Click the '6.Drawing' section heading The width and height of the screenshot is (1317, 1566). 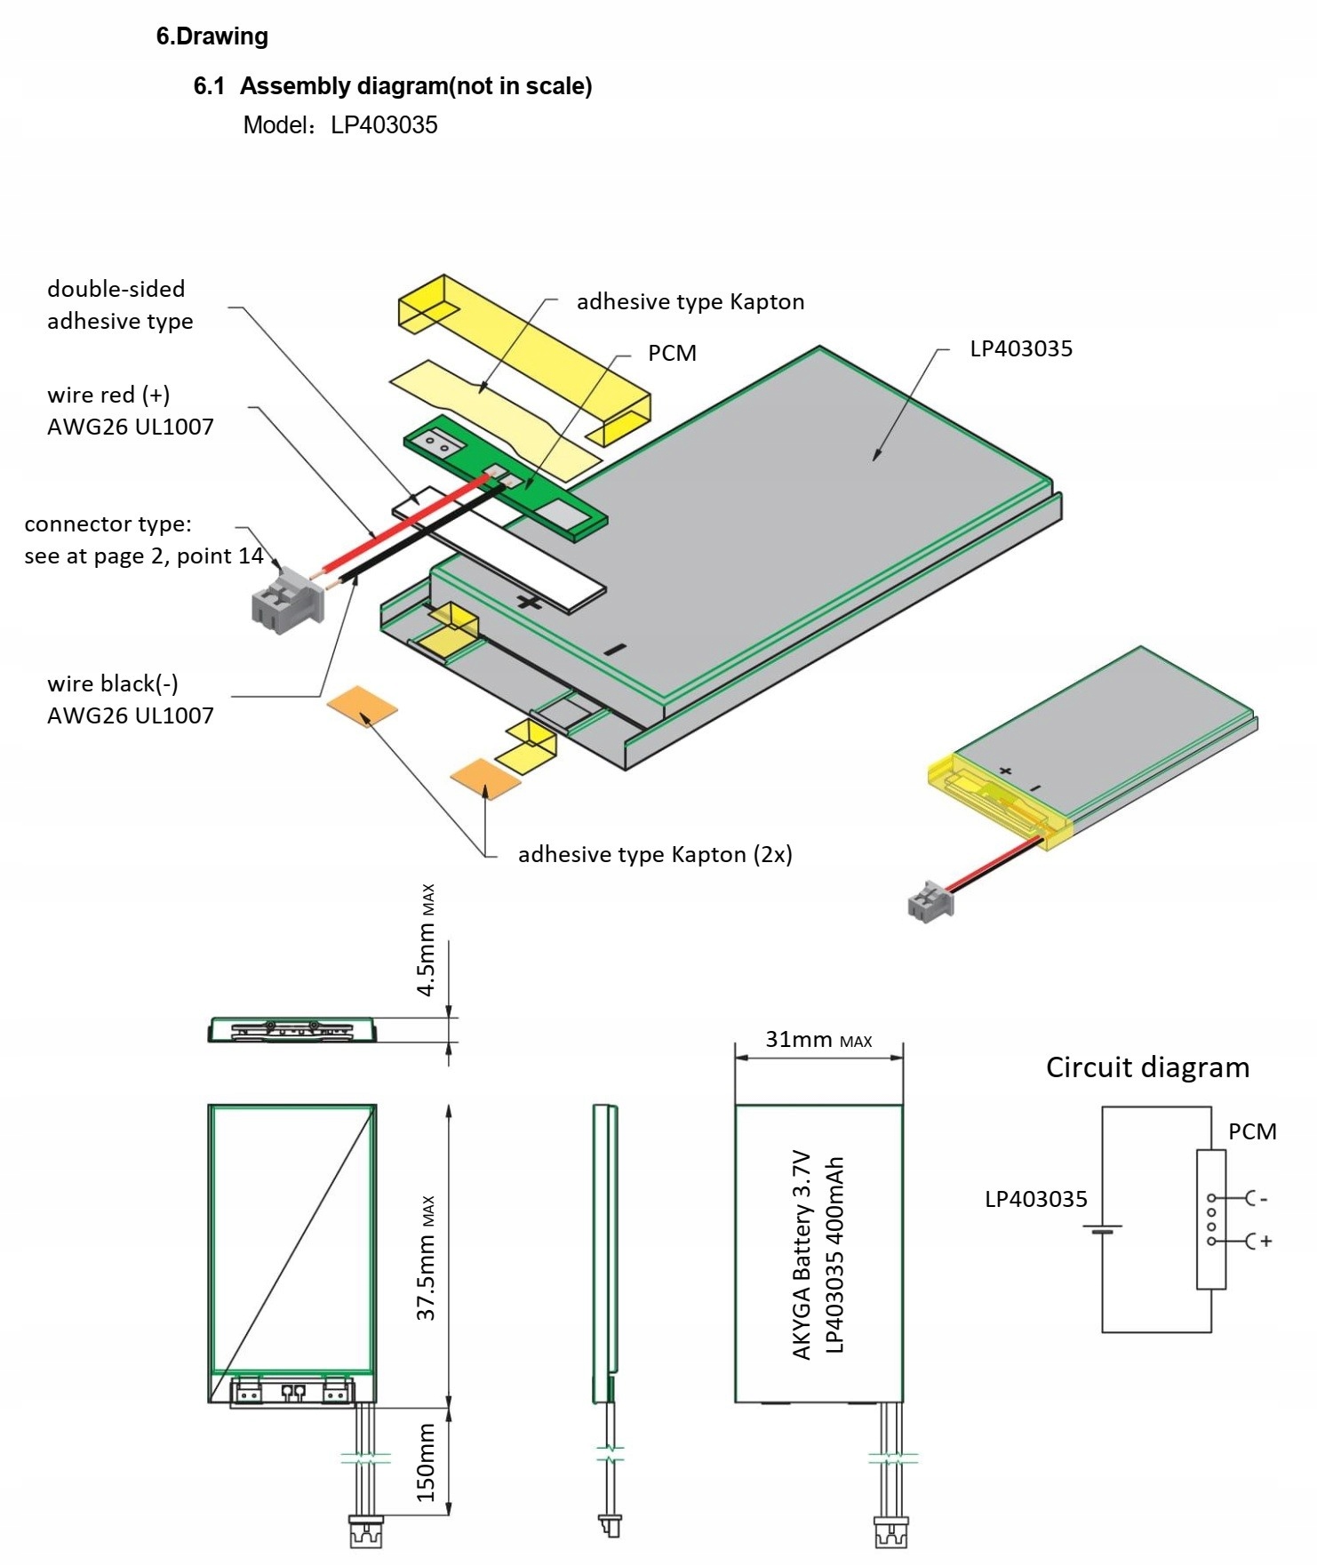[212, 36]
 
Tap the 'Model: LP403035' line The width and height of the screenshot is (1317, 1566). [340, 124]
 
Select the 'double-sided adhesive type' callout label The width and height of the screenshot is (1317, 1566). [119, 305]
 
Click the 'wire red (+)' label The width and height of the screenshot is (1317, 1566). [108, 395]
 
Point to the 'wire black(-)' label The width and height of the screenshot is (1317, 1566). [113, 683]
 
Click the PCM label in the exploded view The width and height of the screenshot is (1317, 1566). [672, 353]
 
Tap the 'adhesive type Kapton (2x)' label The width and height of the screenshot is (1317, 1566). [655, 854]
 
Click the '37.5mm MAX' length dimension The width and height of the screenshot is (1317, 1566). [427, 1257]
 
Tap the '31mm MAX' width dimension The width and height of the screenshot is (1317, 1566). [818, 1039]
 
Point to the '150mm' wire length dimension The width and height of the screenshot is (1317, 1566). [427, 1461]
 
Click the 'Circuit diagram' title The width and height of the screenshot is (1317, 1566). [1147, 1067]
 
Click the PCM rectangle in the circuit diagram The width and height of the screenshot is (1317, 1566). [1210, 1218]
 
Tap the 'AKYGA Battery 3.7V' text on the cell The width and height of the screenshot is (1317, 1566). [802, 1254]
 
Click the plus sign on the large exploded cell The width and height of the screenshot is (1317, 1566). [530, 603]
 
